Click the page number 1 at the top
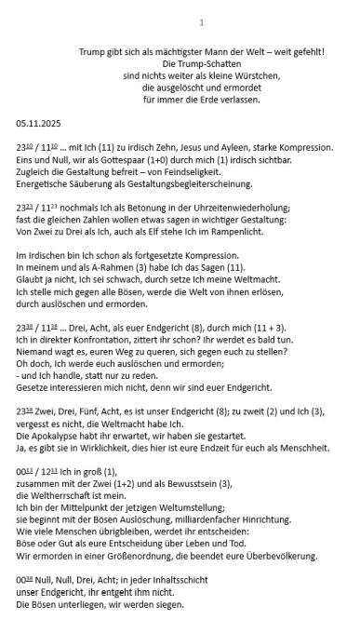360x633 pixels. (202, 21)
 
